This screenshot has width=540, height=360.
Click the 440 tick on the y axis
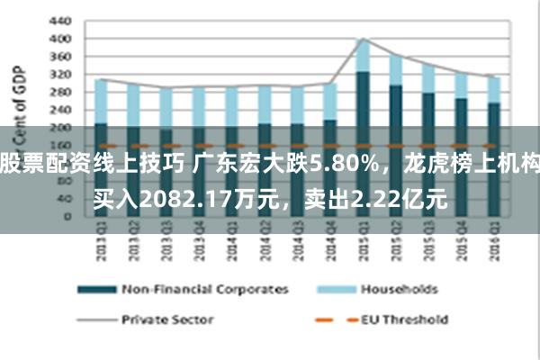click(59, 21)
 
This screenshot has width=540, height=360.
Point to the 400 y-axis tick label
click(59, 39)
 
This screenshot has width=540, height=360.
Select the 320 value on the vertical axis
click(59, 74)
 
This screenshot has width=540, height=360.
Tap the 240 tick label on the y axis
click(59, 109)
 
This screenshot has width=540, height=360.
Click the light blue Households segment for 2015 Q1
click(363, 56)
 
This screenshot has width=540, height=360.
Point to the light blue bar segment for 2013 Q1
click(101, 101)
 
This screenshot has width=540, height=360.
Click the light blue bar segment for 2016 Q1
click(493, 89)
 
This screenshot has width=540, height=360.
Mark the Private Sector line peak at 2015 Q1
click(363, 39)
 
